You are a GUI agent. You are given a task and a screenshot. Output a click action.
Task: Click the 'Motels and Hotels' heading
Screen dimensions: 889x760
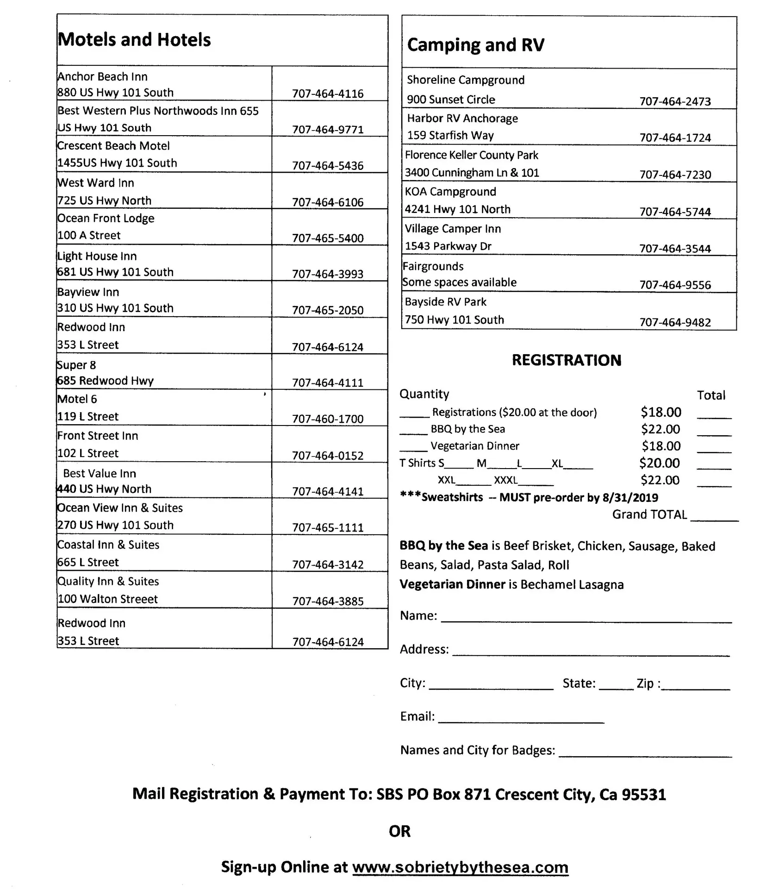click(x=134, y=40)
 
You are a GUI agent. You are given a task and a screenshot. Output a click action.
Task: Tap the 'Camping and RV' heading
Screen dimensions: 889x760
click(x=475, y=45)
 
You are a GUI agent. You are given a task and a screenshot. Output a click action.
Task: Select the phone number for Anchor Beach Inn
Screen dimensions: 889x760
click(x=328, y=94)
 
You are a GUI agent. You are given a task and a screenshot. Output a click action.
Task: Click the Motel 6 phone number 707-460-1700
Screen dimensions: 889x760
click(x=328, y=419)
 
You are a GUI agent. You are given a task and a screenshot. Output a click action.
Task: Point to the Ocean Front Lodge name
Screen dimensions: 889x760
click(x=106, y=218)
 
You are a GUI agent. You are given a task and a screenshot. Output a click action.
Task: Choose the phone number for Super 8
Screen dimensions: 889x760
click(x=328, y=383)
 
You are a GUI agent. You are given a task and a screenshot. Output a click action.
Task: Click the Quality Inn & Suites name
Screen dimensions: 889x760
click(x=108, y=582)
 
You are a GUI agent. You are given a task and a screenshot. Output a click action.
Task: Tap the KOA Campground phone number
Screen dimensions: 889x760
click(x=675, y=212)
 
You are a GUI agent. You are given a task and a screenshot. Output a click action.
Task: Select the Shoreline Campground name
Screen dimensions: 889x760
click(x=466, y=80)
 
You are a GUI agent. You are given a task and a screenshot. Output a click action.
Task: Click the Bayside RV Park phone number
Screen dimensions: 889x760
click(x=675, y=322)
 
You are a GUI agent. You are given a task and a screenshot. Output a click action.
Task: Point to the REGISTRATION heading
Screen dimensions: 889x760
click(x=567, y=360)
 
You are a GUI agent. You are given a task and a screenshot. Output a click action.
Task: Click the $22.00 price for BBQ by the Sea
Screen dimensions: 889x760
click(x=660, y=429)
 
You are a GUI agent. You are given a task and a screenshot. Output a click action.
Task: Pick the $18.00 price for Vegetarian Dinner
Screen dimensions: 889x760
click(x=661, y=446)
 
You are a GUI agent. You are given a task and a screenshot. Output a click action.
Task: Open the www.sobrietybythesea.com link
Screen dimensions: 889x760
click(x=460, y=867)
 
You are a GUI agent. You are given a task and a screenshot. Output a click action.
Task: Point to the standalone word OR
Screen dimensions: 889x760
click(x=399, y=832)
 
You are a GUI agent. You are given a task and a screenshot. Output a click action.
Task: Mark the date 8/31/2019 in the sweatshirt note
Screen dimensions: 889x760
click(x=630, y=498)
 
